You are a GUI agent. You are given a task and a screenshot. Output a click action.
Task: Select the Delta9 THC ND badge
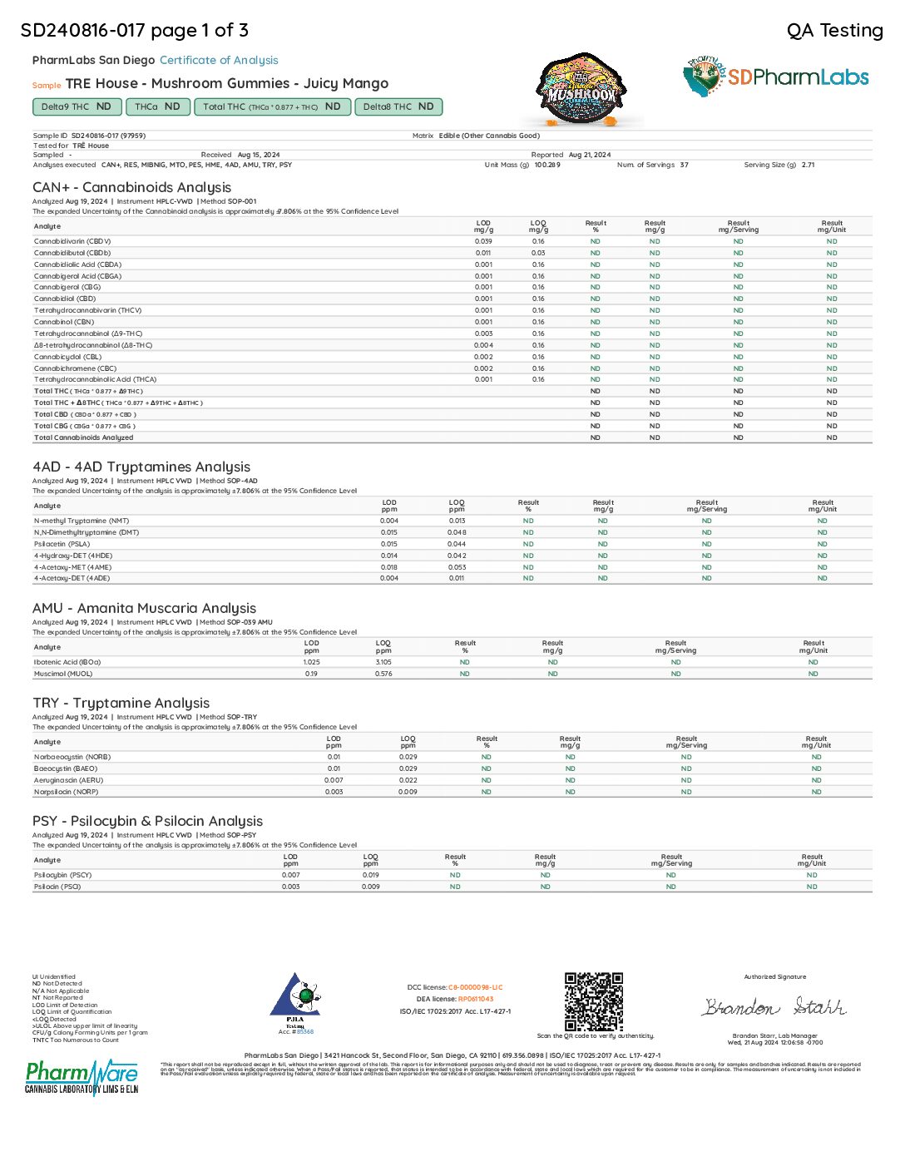pyautogui.click(x=77, y=106)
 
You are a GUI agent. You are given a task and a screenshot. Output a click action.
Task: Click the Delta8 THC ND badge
pyautogui.click(x=398, y=106)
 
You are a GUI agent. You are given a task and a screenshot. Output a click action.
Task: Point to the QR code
pyautogui.click(x=594, y=1001)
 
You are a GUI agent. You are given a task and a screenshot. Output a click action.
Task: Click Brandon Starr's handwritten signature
pyautogui.click(x=774, y=1007)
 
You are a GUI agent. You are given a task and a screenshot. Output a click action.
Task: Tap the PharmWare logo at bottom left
pyautogui.click(x=82, y=1077)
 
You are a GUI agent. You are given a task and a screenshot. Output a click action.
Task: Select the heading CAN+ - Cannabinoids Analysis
pyautogui.click(x=131, y=187)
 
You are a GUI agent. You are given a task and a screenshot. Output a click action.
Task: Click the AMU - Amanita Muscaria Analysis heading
pyautogui.click(x=144, y=608)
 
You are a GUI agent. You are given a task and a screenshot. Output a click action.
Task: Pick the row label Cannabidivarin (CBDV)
pyautogui.click(x=72, y=241)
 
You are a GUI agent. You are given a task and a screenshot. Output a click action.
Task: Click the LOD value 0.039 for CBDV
pyautogui.click(x=483, y=241)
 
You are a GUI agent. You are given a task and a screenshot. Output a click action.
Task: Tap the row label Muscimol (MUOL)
pyautogui.click(x=63, y=674)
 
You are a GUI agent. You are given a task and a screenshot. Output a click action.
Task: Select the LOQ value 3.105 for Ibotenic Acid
pyautogui.click(x=383, y=662)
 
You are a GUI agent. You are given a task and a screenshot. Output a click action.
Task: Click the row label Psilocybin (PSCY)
pyautogui.click(x=62, y=875)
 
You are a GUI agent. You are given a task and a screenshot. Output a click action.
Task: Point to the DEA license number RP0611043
pyautogui.click(x=476, y=999)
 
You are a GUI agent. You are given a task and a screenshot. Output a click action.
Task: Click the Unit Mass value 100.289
pyautogui.click(x=547, y=165)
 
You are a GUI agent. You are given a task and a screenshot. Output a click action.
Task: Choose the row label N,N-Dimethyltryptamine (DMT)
pyautogui.click(x=87, y=532)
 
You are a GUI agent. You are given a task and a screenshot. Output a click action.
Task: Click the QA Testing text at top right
pyautogui.click(x=834, y=31)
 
